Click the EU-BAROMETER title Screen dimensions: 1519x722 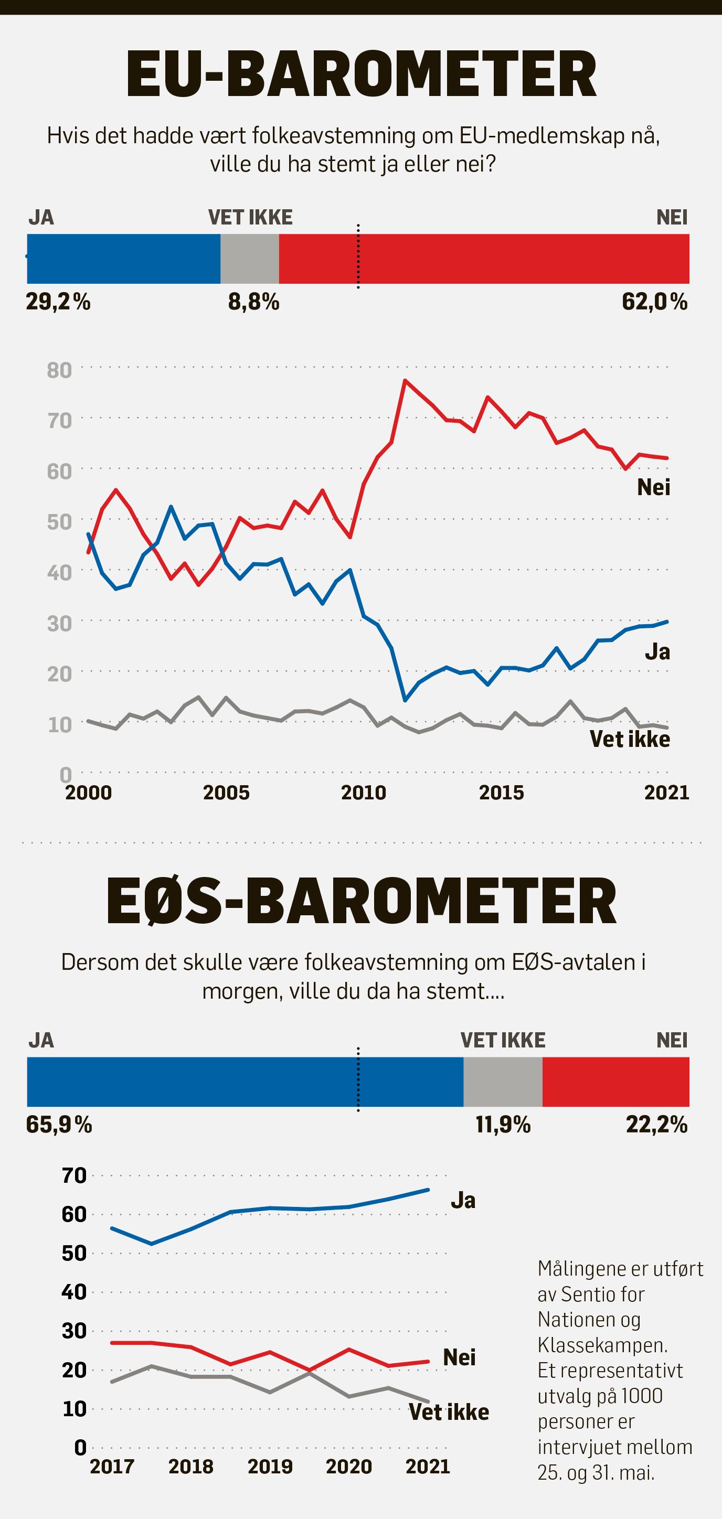(361, 75)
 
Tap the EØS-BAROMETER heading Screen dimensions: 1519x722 (361, 901)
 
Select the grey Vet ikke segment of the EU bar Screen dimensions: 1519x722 (250, 259)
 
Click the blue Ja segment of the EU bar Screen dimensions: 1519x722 (124, 259)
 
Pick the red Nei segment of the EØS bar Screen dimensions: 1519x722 (616, 1082)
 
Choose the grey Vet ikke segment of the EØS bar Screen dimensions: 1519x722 (503, 1082)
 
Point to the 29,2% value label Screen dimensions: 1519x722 (58, 302)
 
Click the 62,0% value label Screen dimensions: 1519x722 (655, 302)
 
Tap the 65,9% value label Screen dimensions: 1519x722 (59, 1125)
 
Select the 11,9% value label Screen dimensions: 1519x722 (503, 1125)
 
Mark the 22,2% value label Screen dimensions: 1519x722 (656, 1125)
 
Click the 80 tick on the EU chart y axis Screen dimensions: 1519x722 (59, 370)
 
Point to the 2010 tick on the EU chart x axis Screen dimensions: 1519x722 (363, 793)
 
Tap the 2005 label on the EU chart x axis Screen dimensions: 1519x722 (226, 793)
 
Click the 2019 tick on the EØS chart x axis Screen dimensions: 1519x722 (270, 1467)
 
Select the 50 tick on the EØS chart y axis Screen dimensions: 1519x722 (74, 1253)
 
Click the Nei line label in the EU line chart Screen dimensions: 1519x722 (654, 487)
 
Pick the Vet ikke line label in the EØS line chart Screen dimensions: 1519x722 (449, 1413)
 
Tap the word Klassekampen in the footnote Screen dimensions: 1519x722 (602, 1345)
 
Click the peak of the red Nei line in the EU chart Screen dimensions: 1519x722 (405, 380)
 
